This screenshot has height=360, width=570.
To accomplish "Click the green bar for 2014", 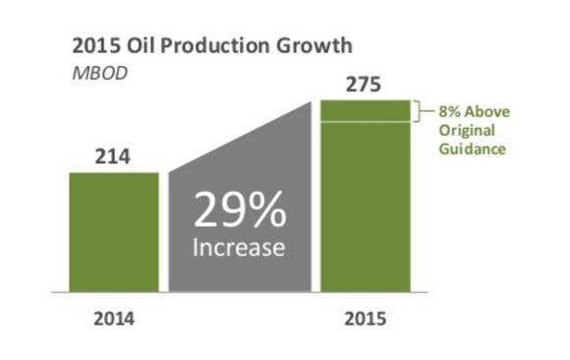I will coord(114,232).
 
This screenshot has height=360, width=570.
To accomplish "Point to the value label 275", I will coord(365,86).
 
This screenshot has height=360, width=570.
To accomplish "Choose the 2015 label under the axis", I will coord(365,320).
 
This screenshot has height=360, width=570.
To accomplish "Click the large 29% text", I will coord(239,210).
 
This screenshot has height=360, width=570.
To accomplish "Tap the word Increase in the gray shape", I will coord(239,247).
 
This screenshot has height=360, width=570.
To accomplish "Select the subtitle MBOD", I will coord(99,73).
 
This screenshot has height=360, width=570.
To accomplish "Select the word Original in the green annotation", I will coord(466,130).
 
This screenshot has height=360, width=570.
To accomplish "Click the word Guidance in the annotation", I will coord(472,150).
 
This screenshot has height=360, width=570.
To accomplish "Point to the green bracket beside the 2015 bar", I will coord(419,111).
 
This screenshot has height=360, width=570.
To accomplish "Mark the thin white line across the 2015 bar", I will coord(365,122).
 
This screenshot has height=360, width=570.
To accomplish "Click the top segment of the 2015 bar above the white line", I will coord(365,110).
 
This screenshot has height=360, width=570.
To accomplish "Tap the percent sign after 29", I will coord(268,210).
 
